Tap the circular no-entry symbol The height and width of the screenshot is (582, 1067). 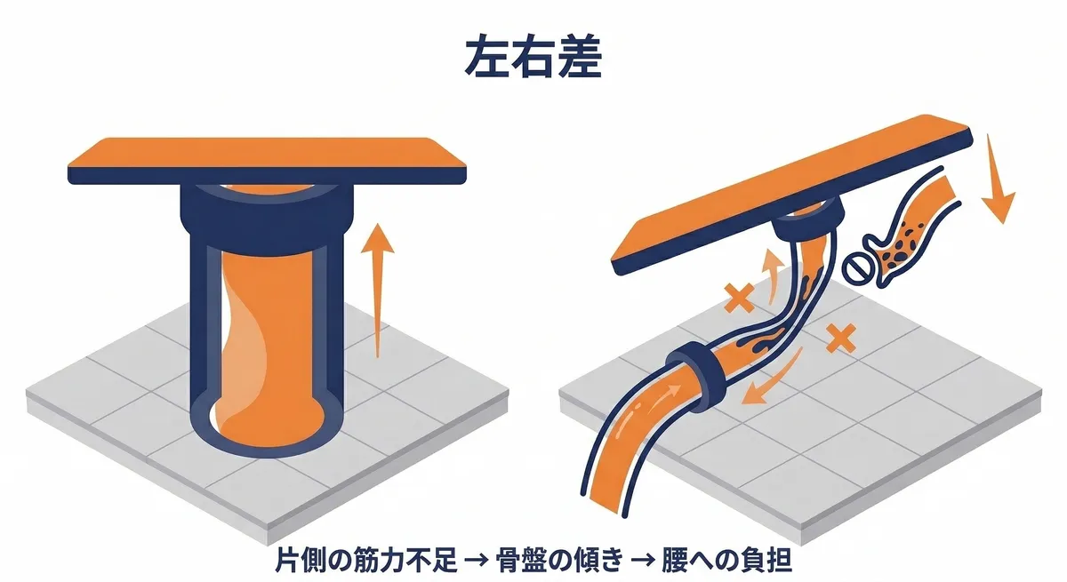coord(857,266)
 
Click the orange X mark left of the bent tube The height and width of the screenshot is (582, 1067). coord(737,299)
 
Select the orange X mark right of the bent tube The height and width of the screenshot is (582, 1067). coord(839,338)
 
